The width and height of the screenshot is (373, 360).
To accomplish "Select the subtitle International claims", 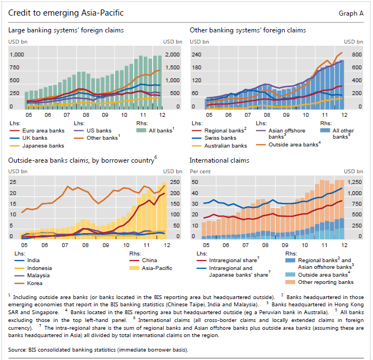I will (220, 160).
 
